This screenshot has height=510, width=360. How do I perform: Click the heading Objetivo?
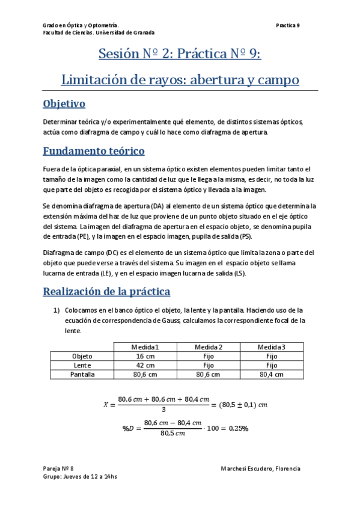[x=64, y=104]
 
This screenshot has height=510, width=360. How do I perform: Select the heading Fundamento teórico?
[x=93, y=151]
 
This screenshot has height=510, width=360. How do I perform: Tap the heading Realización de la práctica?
[x=106, y=292]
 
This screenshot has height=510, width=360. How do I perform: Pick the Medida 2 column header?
[x=209, y=347]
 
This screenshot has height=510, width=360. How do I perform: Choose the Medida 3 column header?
[x=272, y=347]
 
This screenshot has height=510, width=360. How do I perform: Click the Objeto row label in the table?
[x=82, y=356]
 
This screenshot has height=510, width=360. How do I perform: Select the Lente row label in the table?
[x=82, y=365]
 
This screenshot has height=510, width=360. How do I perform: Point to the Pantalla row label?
[x=82, y=374]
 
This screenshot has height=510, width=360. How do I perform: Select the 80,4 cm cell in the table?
[x=272, y=374]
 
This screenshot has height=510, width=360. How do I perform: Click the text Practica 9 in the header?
[x=288, y=25]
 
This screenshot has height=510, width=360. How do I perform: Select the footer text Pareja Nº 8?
[x=58, y=469]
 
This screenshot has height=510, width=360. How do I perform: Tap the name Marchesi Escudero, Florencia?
[x=260, y=469]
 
